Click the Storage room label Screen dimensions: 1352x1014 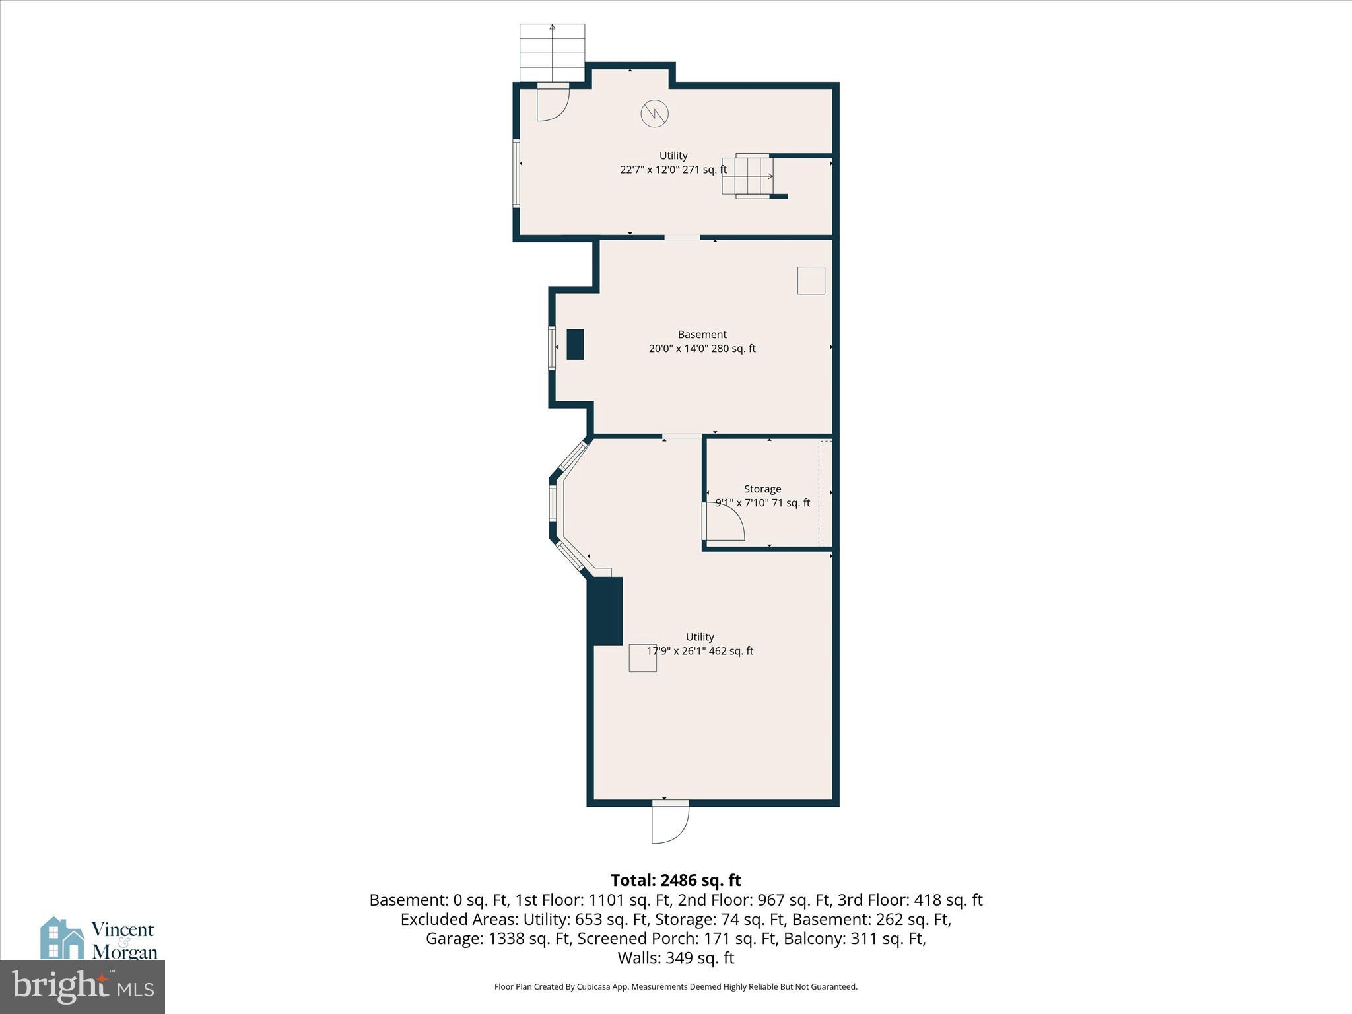[762, 489]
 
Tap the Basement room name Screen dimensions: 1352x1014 [702, 335]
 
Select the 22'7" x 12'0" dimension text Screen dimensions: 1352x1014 [673, 170]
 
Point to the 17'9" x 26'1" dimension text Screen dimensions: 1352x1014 [699, 651]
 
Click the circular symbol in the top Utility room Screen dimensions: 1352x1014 [654, 114]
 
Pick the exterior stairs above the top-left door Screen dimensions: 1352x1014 [552, 52]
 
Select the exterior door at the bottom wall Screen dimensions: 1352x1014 [669, 822]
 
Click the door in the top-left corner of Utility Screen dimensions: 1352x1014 [553, 104]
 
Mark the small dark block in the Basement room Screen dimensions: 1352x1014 [575, 344]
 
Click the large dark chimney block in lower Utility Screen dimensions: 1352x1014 [605, 611]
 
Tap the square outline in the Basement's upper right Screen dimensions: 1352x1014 [811, 281]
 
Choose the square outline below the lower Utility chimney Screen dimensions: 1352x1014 [642, 658]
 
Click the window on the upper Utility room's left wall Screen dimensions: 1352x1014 [517, 173]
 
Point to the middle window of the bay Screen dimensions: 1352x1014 [553, 503]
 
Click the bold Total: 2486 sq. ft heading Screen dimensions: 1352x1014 [675, 880]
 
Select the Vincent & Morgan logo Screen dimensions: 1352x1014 [99, 939]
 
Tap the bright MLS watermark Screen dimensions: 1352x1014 [83, 987]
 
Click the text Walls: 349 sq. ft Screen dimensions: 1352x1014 [675, 957]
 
